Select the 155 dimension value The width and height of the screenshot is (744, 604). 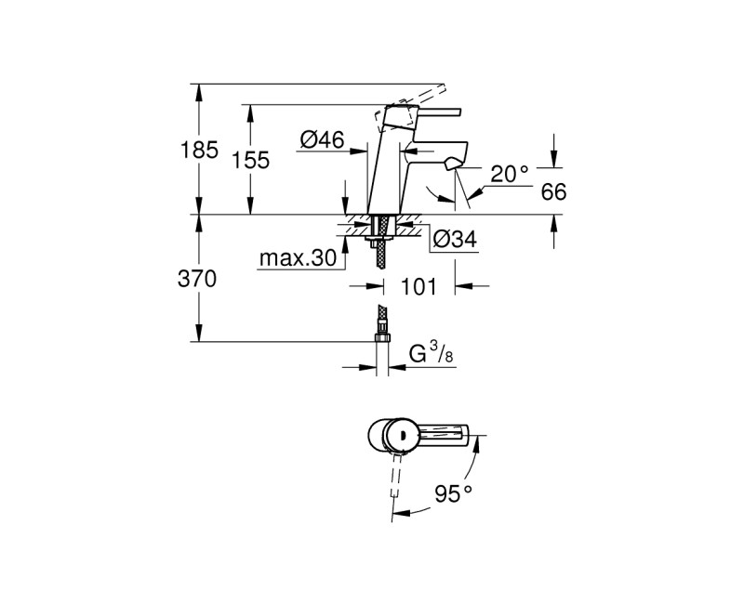point(250,160)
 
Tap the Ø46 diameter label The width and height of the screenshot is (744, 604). point(322,140)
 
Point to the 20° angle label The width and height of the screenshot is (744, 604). point(509,173)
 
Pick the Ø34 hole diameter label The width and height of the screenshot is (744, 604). point(455,240)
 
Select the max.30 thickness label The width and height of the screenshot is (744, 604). point(297,259)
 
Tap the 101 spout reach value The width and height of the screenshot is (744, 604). point(418,286)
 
